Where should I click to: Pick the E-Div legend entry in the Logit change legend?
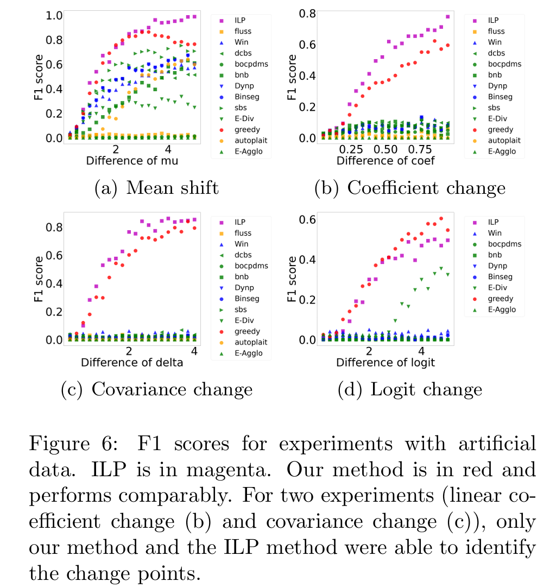[497, 288]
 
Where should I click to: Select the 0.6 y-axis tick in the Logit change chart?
[308, 219]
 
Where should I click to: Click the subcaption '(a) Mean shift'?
[156, 188]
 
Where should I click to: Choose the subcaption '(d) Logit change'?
[409, 389]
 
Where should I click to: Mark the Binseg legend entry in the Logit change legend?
[500, 277]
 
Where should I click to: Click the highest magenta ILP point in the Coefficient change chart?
[448, 17]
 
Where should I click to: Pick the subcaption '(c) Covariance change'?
[156, 389]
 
